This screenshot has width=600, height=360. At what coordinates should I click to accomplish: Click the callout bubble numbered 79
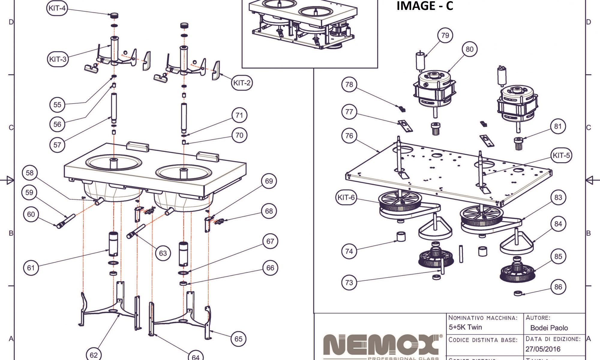(x=445, y=35)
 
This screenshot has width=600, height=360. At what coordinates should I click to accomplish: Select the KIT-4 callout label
(x=57, y=8)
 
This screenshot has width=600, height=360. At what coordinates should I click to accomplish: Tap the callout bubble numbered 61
(x=31, y=268)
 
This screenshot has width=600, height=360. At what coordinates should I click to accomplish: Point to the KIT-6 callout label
(x=346, y=197)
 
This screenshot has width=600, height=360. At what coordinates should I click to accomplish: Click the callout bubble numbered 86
(x=558, y=287)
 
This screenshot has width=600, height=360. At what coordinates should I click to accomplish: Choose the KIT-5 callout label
(x=561, y=155)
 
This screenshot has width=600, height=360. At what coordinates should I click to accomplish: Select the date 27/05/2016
(x=543, y=349)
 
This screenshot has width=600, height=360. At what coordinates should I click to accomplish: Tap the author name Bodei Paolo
(x=549, y=328)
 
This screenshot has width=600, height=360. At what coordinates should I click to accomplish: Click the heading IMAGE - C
(x=425, y=6)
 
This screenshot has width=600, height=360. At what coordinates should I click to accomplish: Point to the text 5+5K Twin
(x=465, y=327)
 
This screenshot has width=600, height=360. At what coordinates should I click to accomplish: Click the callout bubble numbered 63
(x=163, y=253)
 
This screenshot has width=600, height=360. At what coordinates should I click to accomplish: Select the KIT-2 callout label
(x=242, y=83)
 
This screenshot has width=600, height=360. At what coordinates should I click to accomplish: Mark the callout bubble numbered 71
(x=239, y=115)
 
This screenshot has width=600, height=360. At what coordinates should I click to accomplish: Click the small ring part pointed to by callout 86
(x=518, y=293)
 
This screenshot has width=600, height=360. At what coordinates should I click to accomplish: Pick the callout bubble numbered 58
(x=30, y=173)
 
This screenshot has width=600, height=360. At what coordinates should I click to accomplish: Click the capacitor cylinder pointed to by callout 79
(x=420, y=61)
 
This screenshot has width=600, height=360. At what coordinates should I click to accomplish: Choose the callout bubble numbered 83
(x=558, y=197)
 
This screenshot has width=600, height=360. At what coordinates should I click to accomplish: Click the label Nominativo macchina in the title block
(x=483, y=318)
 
